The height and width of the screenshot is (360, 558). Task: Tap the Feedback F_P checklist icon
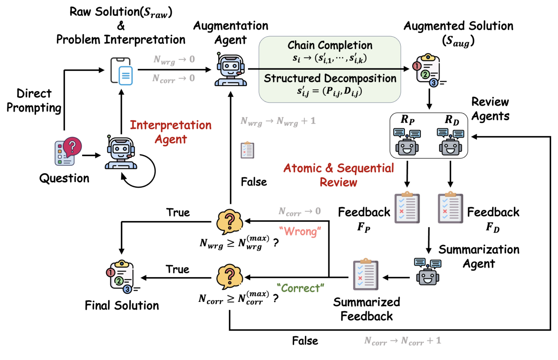pos(406,209)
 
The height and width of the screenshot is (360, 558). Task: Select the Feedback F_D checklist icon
pos(450,209)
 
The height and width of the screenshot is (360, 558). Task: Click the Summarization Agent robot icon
pos(428,271)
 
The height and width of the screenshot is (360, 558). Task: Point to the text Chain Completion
pos(330,45)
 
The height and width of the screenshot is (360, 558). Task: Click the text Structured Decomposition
pos(330,79)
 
